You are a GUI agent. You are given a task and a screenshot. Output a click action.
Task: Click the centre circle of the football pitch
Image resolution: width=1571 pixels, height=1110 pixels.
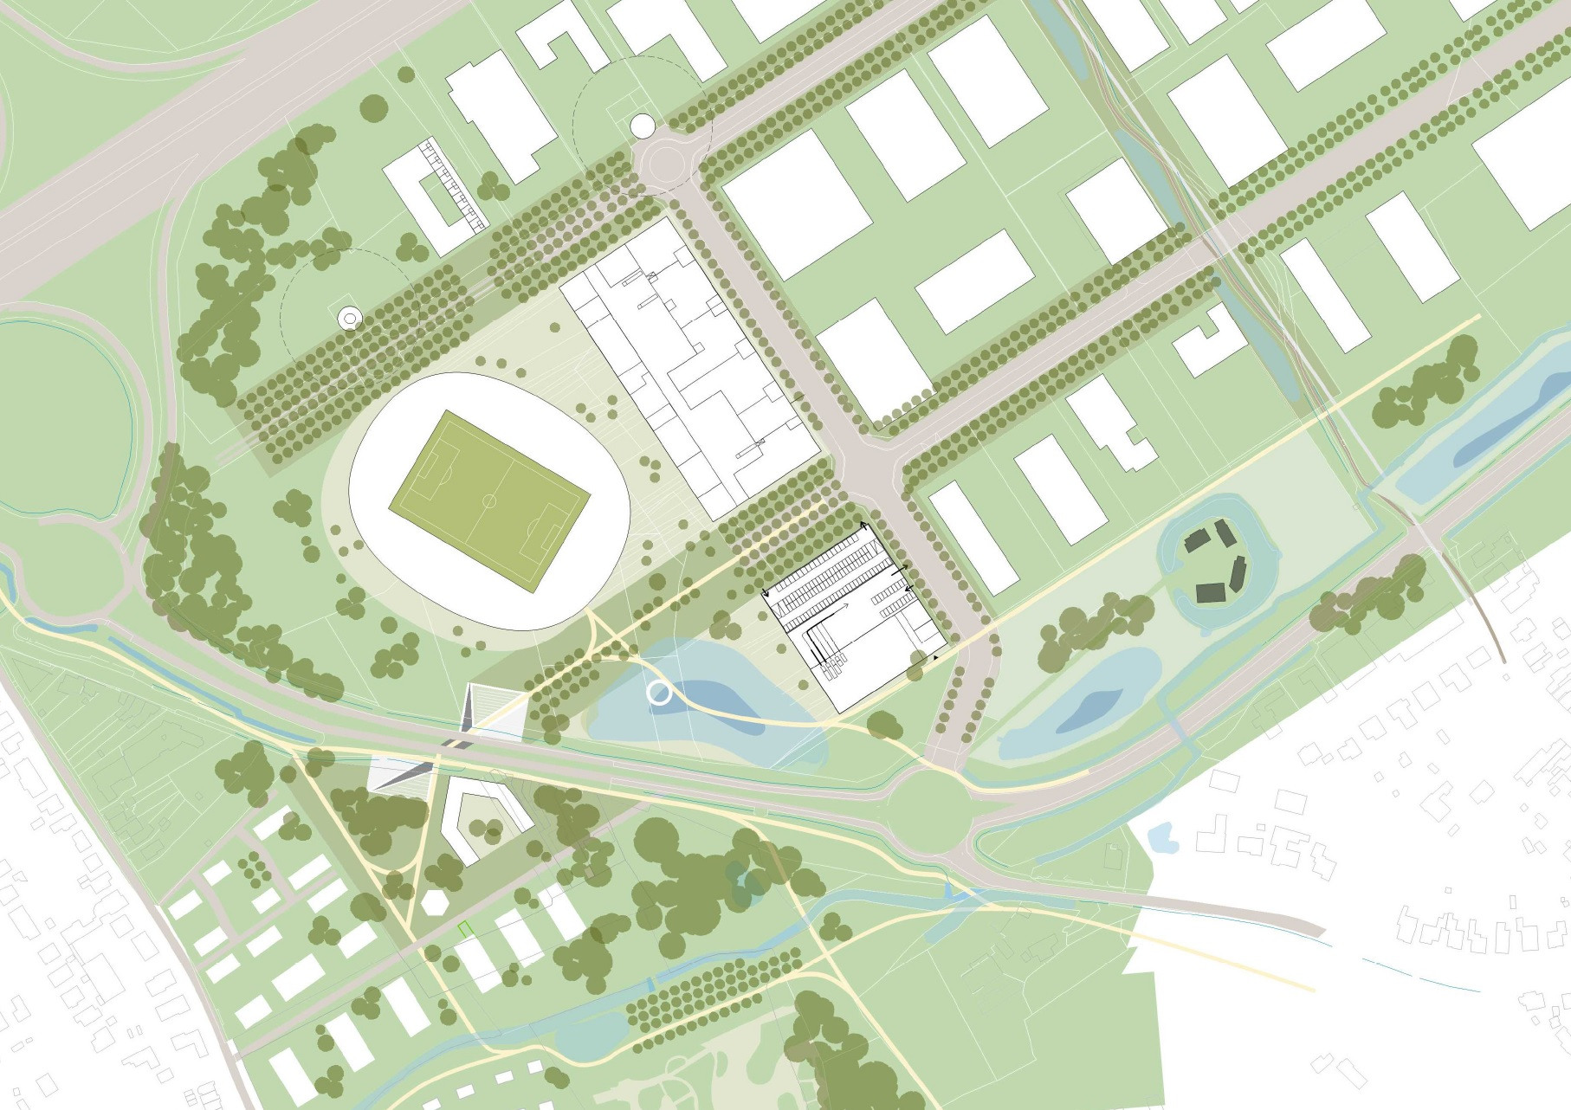pos(489,500)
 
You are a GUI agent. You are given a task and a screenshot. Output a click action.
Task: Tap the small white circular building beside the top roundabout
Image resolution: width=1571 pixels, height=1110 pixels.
pos(643,126)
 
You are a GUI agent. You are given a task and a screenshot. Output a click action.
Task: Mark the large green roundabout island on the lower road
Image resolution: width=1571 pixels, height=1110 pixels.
pos(928,810)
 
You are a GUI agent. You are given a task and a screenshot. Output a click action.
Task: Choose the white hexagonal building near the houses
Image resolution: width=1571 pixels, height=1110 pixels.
pos(433,902)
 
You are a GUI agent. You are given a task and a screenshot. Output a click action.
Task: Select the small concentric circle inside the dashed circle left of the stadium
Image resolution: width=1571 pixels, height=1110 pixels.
pos(349,319)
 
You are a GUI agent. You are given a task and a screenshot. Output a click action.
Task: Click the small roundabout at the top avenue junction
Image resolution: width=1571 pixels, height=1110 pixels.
pos(663,162)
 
